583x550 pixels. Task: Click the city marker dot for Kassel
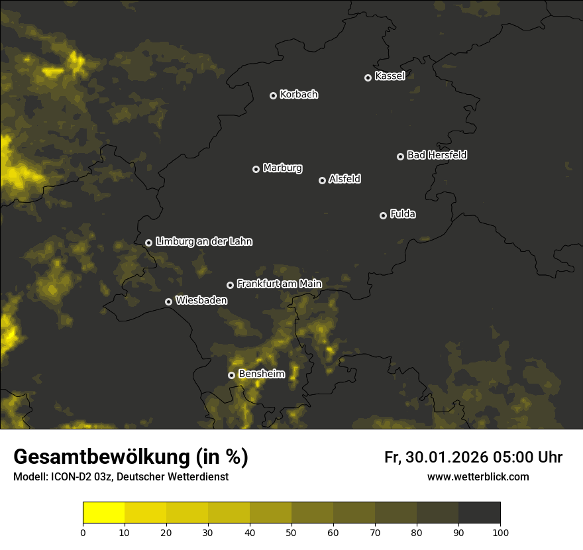[368, 78]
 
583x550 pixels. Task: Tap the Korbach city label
[299, 95]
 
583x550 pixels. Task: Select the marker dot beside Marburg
[256, 169]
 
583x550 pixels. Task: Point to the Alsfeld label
[344, 179]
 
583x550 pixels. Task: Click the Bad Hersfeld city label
[437, 155]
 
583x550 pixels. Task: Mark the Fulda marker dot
[383, 215]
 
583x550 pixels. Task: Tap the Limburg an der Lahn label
[203, 242]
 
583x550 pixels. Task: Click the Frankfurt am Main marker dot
[230, 285]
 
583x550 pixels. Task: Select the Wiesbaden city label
[201, 300]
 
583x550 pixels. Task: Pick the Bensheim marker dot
[231, 375]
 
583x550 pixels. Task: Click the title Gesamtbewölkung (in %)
[131, 457]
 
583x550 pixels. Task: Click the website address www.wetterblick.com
[478, 477]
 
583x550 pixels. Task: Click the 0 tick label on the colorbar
[83, 532]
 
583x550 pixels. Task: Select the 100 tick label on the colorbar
[500, 532]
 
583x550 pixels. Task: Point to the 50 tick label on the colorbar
[291, 532]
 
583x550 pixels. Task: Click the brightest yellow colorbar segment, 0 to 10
[104, 513]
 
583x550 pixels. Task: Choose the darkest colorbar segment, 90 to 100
[479, 513]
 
